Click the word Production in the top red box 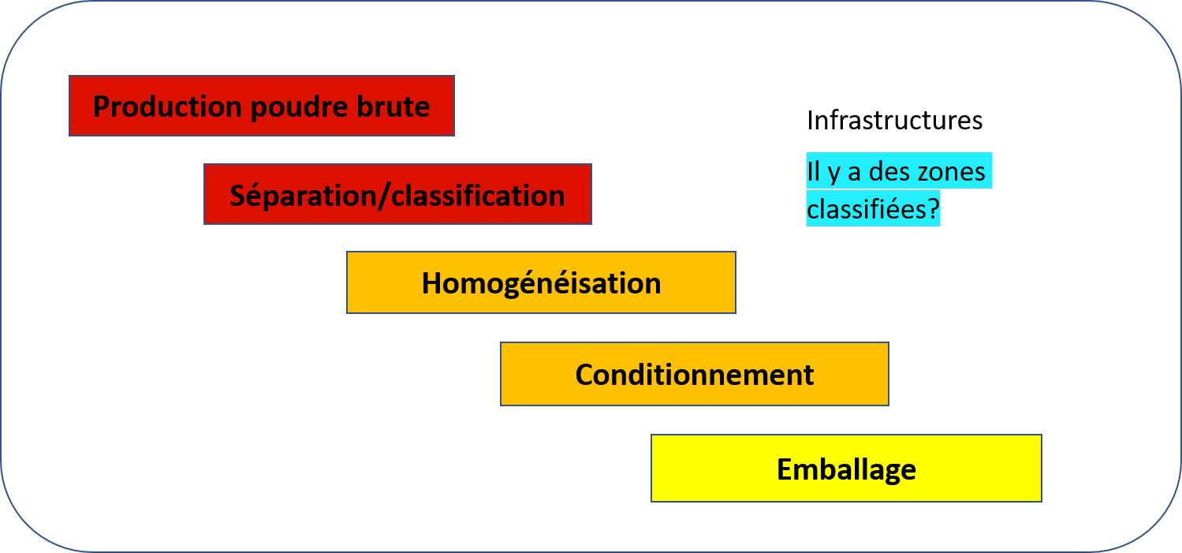click(167, 106)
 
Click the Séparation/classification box click(398, 194)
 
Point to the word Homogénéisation click(542, 284)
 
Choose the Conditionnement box click(695, 374)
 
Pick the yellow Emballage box click(846, 468)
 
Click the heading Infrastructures click(895, 120)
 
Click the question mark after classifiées click(933, 209)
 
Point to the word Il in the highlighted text click(813, 171)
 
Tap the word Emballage click(846, 469)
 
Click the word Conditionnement click(695, 375)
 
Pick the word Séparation click(301, 196)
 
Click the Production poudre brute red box click(262, 106)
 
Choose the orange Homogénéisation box click(542, 282)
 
